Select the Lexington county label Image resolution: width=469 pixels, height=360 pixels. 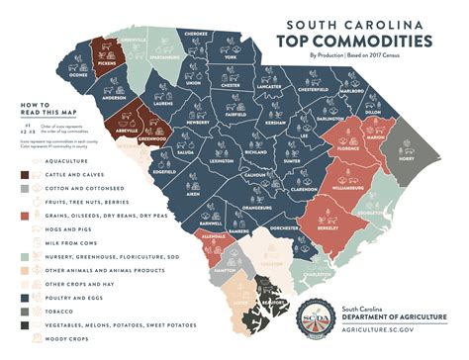coord(223,158)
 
